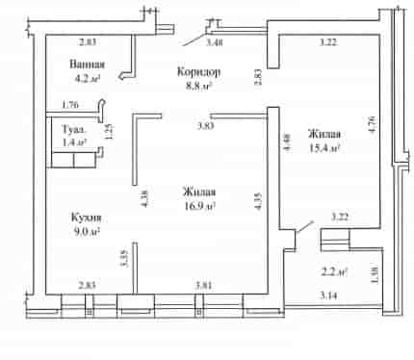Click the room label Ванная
[88, 64]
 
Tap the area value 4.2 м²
[88, 78]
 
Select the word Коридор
[199, 72]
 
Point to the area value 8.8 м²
[199, 86]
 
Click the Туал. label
[74, 130]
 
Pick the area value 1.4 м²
[75, 142]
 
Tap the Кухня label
[87, 218]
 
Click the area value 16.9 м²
[199, 206]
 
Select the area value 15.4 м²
[324, 148]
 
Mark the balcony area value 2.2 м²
[335, 272]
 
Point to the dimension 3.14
[328, 296]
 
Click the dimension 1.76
[70, 105]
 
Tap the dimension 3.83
[205, 126]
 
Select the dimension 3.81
[204, 285]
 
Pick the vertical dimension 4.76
[373, 124]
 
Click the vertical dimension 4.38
[144, 199]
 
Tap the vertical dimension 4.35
[258, 201]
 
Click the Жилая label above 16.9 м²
[199, 193]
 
